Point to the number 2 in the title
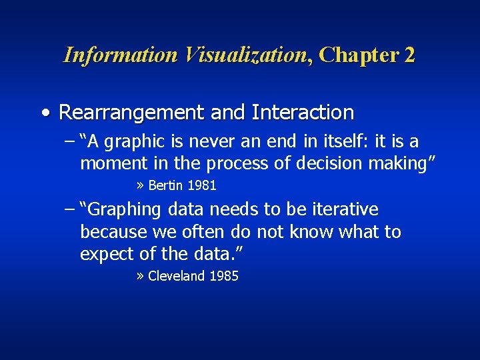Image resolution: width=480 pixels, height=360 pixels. pyautogui.click(x=409, y=55)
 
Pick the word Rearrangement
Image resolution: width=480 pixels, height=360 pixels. pyautogui.click(x=131, y=113)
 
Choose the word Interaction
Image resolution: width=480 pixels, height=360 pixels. pyautogui.click(x=303, y=113)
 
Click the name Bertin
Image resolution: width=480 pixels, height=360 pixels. pyautogui.click(x=166, y=185)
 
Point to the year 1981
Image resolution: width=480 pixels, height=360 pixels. pyautogui.click(x=202, y=185)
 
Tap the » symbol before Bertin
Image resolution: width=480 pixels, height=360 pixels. pyautogui.click(x=141, y=185)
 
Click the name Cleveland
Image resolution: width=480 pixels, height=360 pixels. pyautogui.click(x=177, y=276)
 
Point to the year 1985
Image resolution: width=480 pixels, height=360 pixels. pyautogui.click(x=224, y=276)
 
